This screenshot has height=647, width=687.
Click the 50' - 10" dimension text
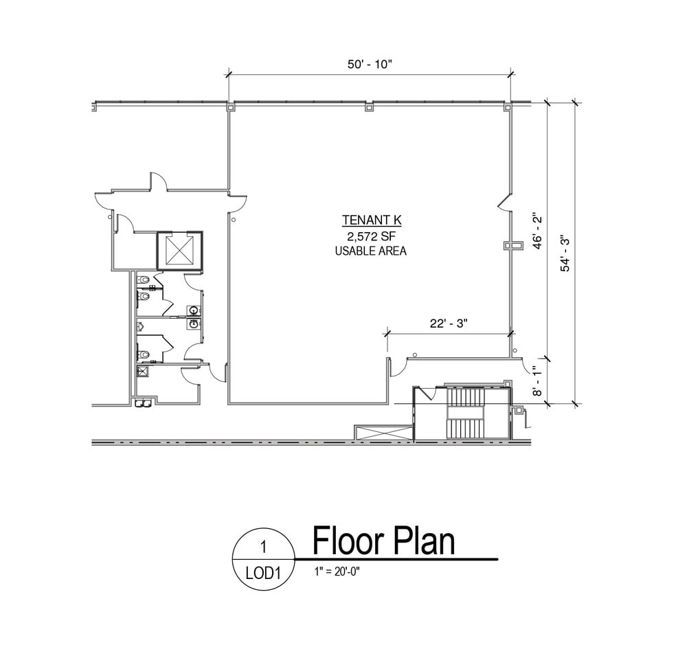[x=369, y=63]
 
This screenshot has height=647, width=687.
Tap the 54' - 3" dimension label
[x=565, y=253]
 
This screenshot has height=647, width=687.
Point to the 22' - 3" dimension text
[x=449, y=323]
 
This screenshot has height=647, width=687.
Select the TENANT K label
[x=371, y=221]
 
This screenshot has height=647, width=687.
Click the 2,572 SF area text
[x=371, y=236]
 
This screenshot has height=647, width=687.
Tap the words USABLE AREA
[x=371, y=251]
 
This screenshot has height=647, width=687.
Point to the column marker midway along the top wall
[x=369, y=106]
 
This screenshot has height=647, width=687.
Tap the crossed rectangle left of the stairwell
[x=383, y=433]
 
